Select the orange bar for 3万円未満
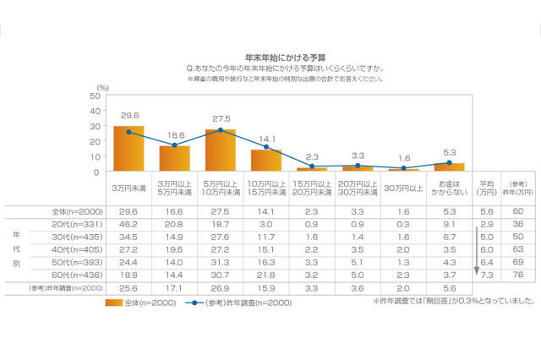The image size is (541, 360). pyautogui.click(x=128, y=149)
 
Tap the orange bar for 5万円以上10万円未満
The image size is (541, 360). pyautogui.click(x=220, y=150)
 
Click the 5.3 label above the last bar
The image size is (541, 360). pyautogui.click(x=450, y=153)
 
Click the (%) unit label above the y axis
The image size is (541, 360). pyautogui.click(x=102, y=87)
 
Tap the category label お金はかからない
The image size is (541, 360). pyautogui.click(x=450, y=187)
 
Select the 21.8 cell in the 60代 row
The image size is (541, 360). pyautogui.click(x=266, y=275)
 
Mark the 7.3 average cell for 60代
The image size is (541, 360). pyautogui.click(x=486, y=275)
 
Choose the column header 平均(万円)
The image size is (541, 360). pyautogui.click(x=486, y=187)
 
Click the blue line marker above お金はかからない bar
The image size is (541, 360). pyautogui.click(x=450, y=163)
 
